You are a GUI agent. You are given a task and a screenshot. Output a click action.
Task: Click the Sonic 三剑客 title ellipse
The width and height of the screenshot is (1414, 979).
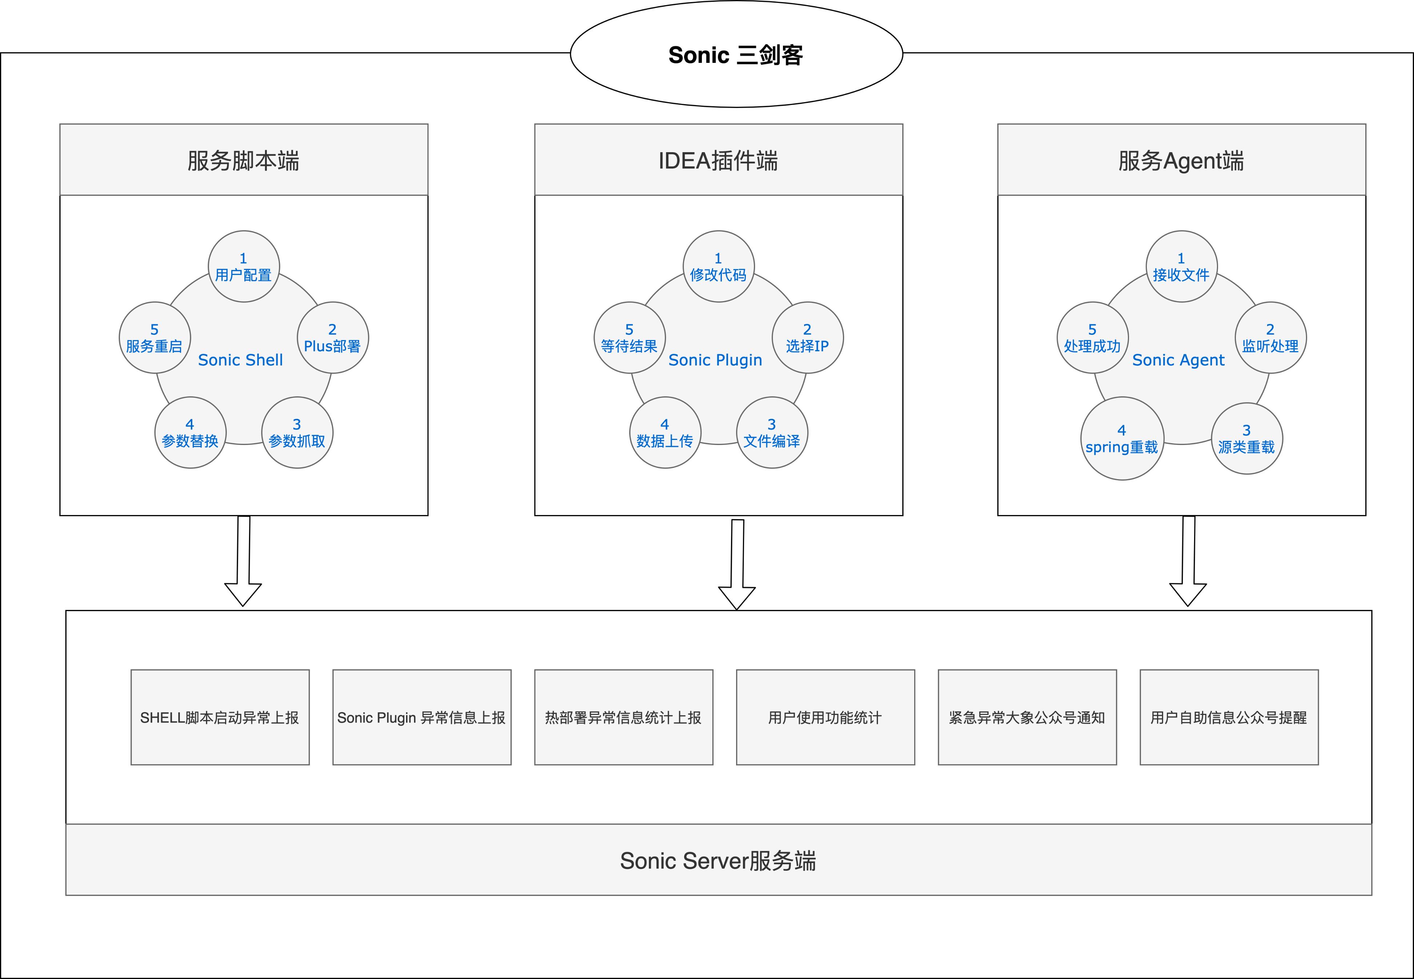(736, 54)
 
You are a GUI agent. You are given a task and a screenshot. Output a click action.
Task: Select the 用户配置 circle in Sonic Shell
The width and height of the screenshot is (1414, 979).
(244, 266)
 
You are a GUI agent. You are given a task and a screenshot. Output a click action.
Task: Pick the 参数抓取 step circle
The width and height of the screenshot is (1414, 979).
(297, 432)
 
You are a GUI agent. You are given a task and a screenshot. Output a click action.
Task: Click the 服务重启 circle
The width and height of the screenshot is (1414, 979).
(154, 337)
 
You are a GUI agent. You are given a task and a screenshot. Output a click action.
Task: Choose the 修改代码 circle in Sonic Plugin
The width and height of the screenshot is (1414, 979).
(718, 266)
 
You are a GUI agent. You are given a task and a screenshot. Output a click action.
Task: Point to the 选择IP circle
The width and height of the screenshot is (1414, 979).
(807, 337)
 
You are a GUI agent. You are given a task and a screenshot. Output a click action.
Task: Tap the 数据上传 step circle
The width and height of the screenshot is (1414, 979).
(665, 432)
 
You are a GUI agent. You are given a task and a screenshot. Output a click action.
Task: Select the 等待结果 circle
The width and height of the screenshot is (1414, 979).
(630, 337)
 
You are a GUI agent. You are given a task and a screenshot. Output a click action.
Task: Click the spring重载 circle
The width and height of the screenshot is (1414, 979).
(1122, 438)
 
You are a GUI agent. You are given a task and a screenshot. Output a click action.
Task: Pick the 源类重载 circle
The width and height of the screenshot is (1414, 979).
(1246, 438)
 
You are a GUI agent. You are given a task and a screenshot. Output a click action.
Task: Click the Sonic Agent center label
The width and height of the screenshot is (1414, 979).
(1178, 360)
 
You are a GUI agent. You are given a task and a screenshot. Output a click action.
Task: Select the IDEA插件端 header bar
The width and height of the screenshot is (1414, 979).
(718, 160)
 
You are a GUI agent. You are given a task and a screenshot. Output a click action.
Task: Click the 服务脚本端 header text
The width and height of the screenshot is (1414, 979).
(244, 161)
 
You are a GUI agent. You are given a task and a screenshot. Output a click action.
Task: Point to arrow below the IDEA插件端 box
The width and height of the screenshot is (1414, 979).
(737, 565)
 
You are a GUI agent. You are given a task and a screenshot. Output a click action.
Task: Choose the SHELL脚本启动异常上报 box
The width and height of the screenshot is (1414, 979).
(220, 717)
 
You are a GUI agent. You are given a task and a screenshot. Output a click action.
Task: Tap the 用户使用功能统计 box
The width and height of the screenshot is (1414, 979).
(825, 717)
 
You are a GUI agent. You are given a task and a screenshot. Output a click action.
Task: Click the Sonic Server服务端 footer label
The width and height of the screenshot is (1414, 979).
(718, 861)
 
